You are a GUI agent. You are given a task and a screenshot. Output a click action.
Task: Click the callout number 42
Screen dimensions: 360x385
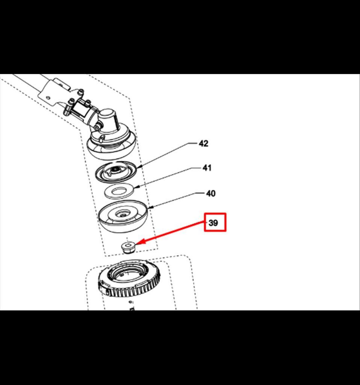coord(203,143)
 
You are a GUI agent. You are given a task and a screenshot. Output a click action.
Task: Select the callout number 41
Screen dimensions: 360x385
coord(207,168)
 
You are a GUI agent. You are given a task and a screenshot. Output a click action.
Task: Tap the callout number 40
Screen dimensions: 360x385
coord(211,194)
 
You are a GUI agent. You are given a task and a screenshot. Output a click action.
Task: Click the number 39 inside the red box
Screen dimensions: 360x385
coord(213,223)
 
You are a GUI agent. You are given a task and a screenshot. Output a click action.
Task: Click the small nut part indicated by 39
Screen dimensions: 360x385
coord(129,247)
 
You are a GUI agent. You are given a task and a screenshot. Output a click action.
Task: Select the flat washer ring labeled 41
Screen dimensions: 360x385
coord(119,191)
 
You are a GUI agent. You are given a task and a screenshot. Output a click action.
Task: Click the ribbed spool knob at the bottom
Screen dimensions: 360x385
coord(129,279)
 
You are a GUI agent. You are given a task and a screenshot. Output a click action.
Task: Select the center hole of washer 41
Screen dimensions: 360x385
coord(119,191)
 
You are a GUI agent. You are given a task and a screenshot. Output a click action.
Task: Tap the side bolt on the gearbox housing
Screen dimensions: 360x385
coord(98,127)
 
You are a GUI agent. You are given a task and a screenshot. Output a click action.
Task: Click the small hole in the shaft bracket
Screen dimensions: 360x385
coord(48,98)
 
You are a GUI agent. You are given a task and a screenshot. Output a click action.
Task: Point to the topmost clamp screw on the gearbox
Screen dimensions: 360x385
coord(81,92)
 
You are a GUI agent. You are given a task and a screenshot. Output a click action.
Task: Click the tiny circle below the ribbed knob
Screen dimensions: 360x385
coord(130,302)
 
